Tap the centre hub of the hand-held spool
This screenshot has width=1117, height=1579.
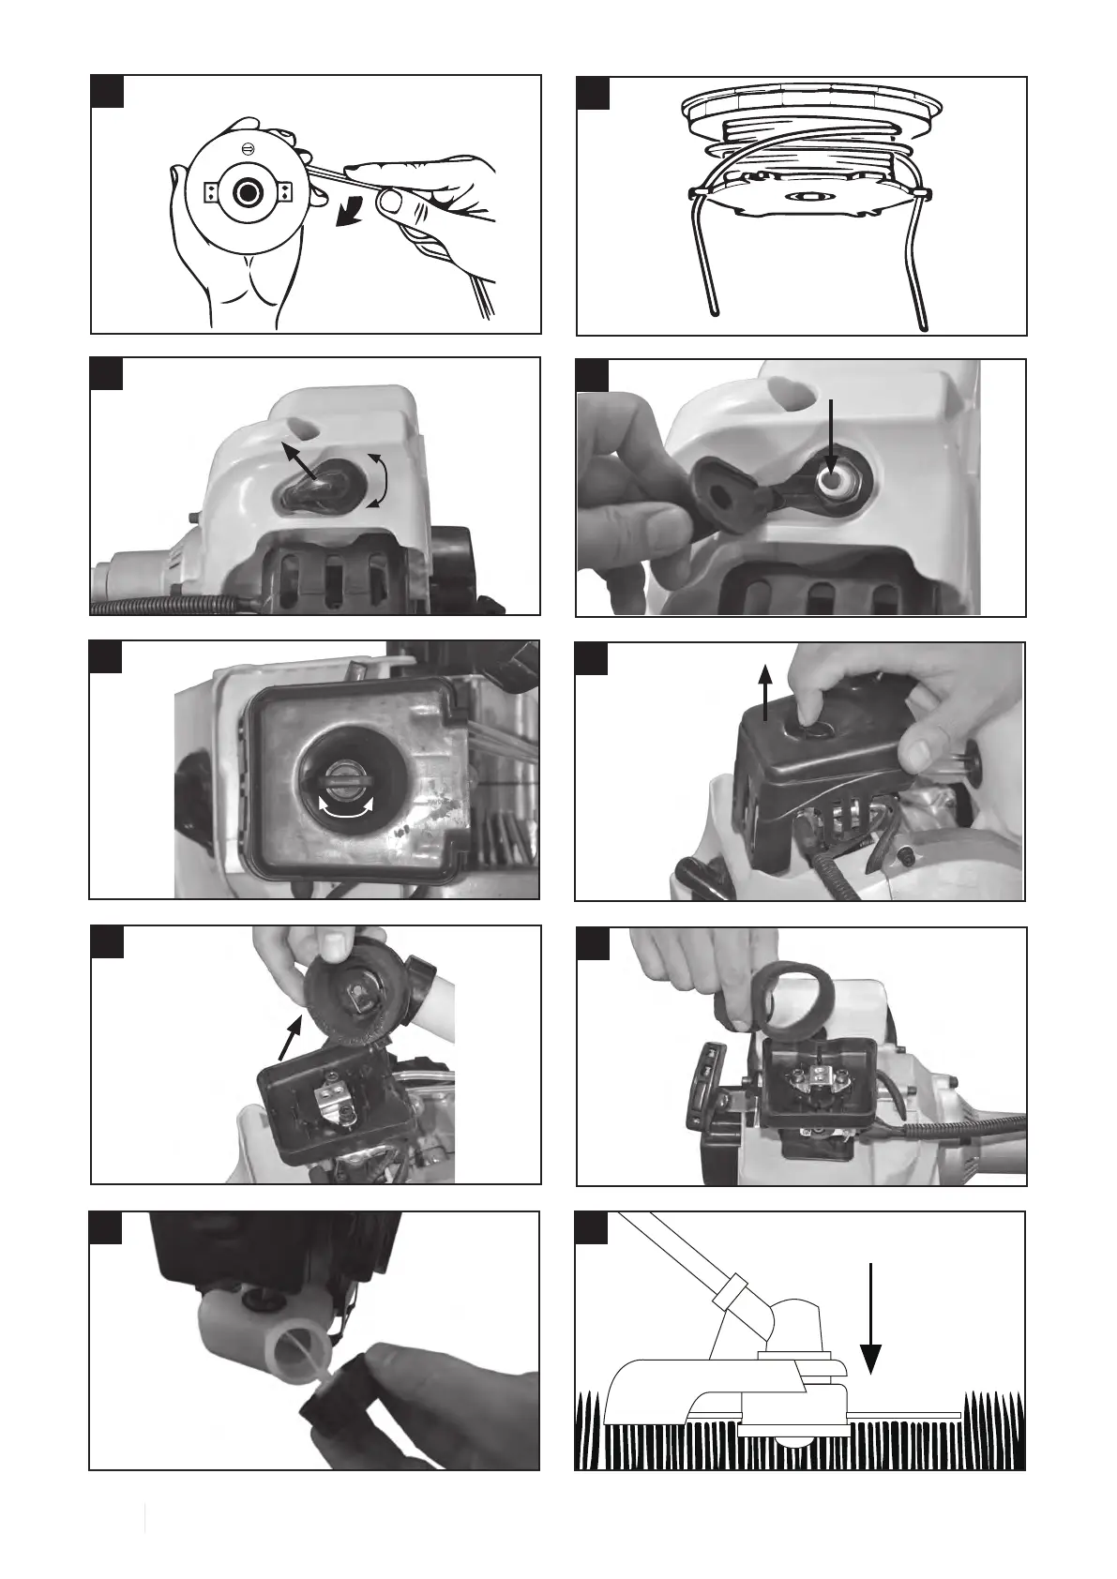(x=249, y=192)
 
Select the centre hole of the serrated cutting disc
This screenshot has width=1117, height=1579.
(x=805, y=198)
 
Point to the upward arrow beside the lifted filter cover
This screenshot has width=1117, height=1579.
(x=766, y=691)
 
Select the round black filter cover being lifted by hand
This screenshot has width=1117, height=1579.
(x=355, y=1000)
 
